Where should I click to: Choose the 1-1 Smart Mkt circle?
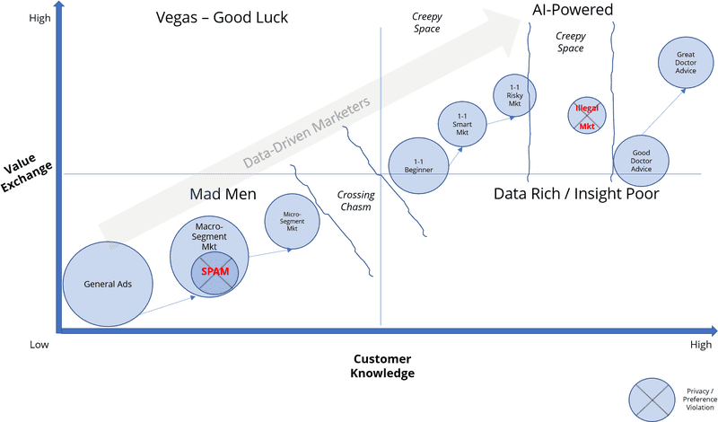[463, 125]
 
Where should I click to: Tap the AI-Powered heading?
[571, 10]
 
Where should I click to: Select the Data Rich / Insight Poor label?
[577, 193]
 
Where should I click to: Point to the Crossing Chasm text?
[355, 200]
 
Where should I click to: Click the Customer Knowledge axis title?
[384, 365]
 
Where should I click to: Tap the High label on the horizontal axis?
[700, 345]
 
